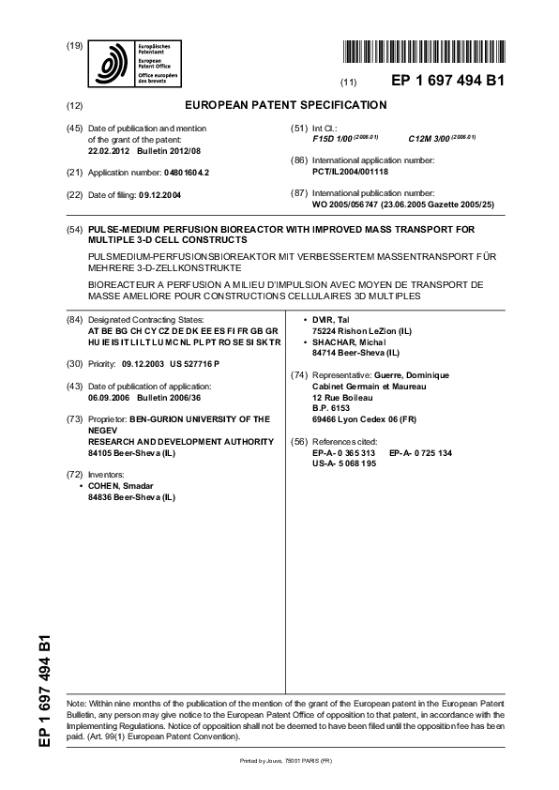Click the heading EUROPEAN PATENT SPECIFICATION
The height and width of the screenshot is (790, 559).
pyautogui.click(x=286, y=105)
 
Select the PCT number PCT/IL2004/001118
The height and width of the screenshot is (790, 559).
pyautogui.click(x=350, y=172)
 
